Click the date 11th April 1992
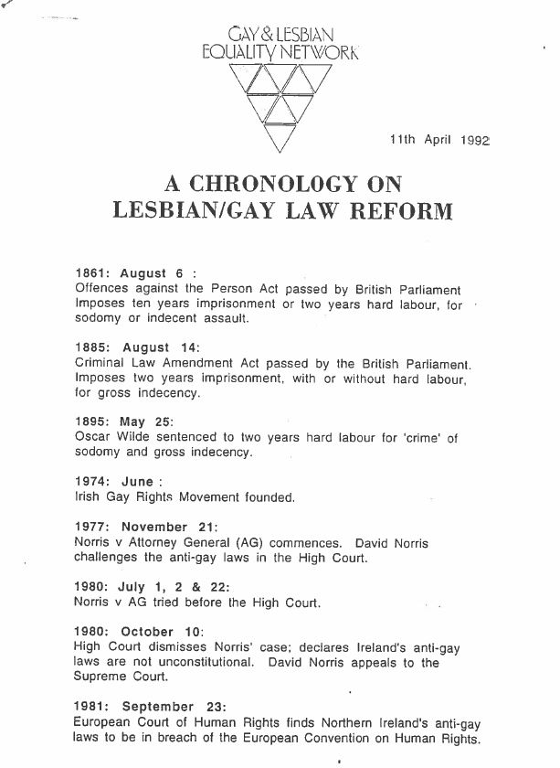(x=439, y=140)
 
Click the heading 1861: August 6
(x=135, y=272)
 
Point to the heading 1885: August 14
(x=138, y=348)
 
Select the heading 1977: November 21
(x=144, y=528)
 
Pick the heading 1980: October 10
(x=139, y=633)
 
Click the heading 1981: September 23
(x=146, y=707)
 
